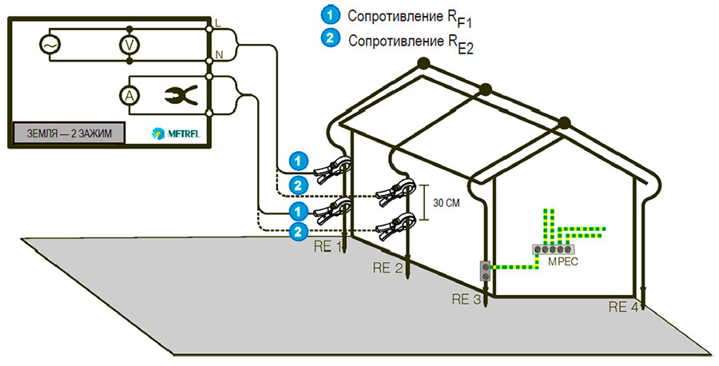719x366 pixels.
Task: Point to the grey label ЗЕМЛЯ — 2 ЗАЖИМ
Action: [69, 133]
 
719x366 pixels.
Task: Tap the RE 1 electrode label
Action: [328, 245]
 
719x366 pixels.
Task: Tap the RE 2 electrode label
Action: [388, 269]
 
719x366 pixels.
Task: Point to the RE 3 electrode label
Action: [467, 300]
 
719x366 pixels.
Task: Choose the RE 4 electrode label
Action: [623, 307]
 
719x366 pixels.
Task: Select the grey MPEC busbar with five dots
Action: [551, 249]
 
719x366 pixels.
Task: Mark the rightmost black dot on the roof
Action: [564, 122]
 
